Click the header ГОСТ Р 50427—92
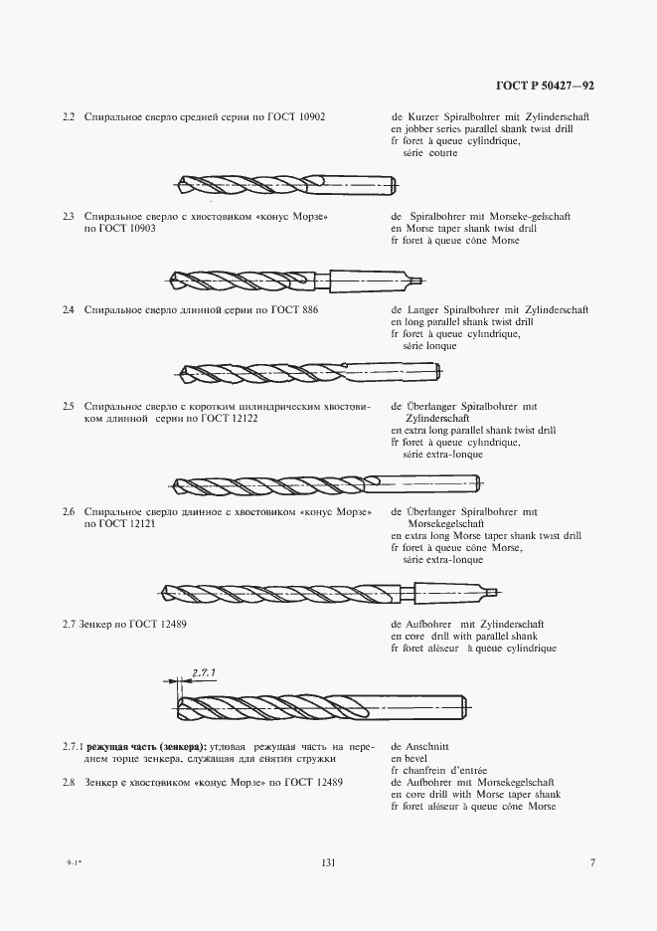click(x=546, y=87)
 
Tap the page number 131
click(x=327, y=863)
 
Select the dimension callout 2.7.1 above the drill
click(x=204, y=671)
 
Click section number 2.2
click(x=69, y=118)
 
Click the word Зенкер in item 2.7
click(x=97, y=625)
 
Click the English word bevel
click(x=414, y=758)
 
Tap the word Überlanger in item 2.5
click(x=431, y=407)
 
